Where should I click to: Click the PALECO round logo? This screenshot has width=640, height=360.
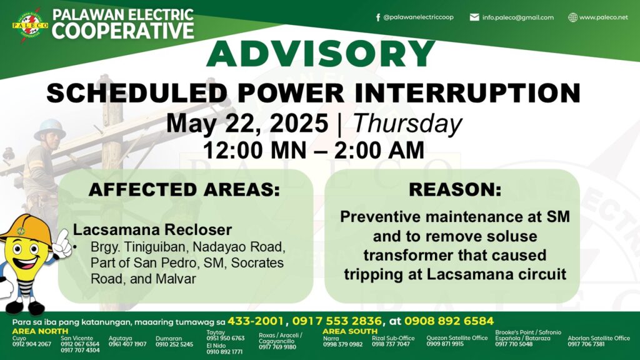30,25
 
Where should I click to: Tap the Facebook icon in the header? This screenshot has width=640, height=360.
378,17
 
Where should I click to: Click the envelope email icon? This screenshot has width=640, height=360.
474,17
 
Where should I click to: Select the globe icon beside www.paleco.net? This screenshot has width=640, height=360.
573,17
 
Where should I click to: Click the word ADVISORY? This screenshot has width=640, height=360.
321,54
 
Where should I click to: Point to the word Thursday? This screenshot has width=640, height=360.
407,123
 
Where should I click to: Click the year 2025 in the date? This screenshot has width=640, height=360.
299,123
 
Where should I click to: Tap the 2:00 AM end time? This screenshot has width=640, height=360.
379,150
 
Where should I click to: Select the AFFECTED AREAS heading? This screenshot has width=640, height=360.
184,190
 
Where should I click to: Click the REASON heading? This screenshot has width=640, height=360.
455,189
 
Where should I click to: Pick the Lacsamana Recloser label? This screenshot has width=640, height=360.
152,230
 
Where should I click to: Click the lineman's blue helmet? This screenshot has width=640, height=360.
50,129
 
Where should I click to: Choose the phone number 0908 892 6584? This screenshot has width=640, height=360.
449,321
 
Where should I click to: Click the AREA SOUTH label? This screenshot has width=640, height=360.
350,331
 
